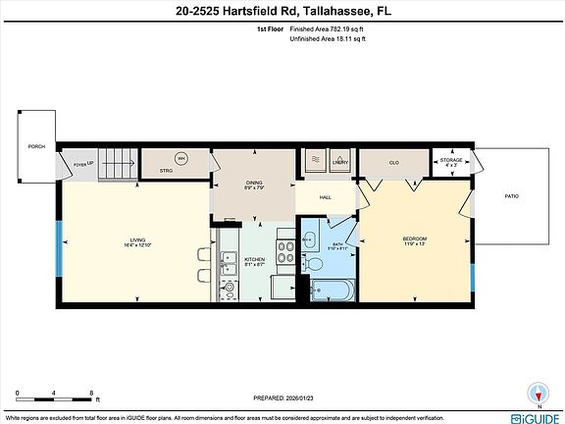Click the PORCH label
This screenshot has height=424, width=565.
(36, 147)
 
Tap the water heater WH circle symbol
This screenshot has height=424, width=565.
(180, 158)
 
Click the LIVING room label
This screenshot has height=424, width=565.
(137, 242)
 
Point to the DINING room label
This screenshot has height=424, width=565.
(255, 185)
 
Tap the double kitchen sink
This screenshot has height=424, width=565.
(227, 261)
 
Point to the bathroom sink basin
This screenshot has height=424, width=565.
(307, 239)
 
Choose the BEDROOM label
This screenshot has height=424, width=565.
(415, 241)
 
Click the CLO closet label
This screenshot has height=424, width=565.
(393, 163)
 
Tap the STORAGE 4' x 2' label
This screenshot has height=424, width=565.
(450, 162)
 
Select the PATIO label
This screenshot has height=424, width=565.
(511, 196)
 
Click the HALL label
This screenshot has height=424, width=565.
(326, 197)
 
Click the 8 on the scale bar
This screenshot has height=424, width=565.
(91, 392)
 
